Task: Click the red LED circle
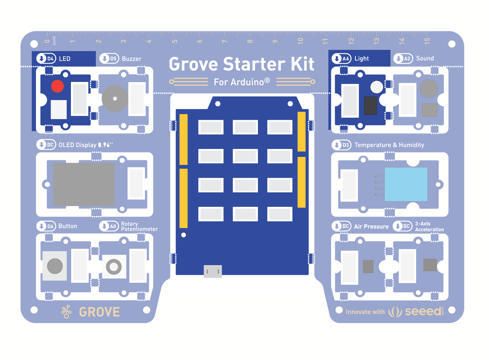click(x=57, y=86)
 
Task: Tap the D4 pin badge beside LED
click(x=46, y=59)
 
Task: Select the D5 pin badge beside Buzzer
click(x=109, y=59)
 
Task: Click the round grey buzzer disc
click(x=115, y=99)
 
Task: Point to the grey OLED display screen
click(x=84, y=184)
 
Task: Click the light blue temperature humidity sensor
click(x=406, y=184)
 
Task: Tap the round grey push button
click(x=55, y=266)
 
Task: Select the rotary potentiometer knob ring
click(x=114, y=267)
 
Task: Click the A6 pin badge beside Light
click(x=342, y=59)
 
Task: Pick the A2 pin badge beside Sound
click(x=403, y=59)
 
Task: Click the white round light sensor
click(x=376, y=87)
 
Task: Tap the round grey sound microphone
click(x=429, y=89)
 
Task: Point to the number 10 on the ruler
click(x=301, y=41)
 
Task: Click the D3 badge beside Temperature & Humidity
click(x=342, y=145)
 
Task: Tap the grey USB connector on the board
click(x=213, y=271)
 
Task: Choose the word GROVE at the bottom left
click(x=99, y=312)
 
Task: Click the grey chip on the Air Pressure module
click(x=368, y=266)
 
